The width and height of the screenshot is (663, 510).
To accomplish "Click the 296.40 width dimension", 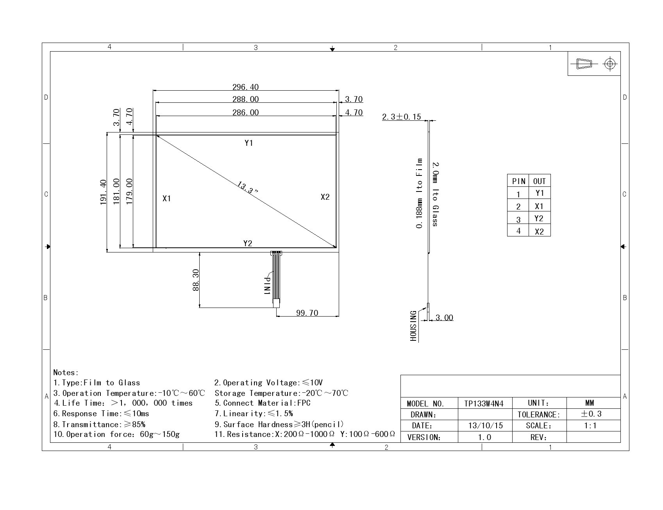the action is pos(245,87).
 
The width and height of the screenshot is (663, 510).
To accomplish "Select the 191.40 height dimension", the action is pos(103,192).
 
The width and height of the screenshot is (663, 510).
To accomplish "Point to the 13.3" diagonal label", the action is pos(248,188).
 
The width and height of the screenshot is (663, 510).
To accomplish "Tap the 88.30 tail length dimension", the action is pos(196,280).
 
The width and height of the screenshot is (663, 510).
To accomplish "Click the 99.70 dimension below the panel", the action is pos(307,313).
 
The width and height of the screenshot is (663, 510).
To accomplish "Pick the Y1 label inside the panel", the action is pos(249,143).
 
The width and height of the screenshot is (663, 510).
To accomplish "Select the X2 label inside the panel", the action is pos(325,197).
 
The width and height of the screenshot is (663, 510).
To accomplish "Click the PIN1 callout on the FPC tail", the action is pos(268,286).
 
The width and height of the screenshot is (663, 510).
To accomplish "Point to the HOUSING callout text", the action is pos(413,326).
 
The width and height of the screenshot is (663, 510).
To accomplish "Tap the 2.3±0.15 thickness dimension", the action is pos(402,117).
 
